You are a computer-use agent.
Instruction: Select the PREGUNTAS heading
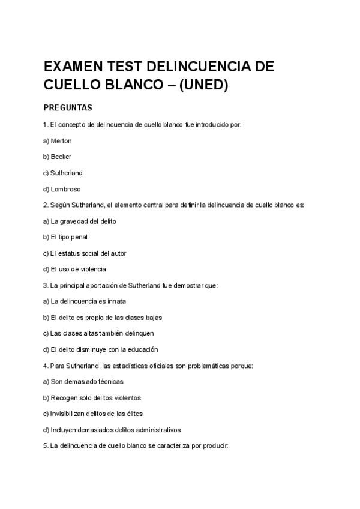coord(68,108)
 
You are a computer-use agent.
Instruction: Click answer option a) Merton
coord(58,140)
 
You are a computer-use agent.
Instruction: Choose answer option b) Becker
coord(58,157)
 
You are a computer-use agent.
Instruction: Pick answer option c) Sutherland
coord(63,173)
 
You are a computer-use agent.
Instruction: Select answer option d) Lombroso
coord(62,189)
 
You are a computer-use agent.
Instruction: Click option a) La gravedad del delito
coord(80,221)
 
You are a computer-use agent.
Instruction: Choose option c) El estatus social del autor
coord(85,253)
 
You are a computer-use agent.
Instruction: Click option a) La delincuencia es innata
coord(85,301)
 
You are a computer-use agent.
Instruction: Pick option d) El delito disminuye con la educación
coord(100,349)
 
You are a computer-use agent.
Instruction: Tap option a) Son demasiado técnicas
coord(83,381)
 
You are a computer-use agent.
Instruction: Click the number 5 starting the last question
coord(46,446)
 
